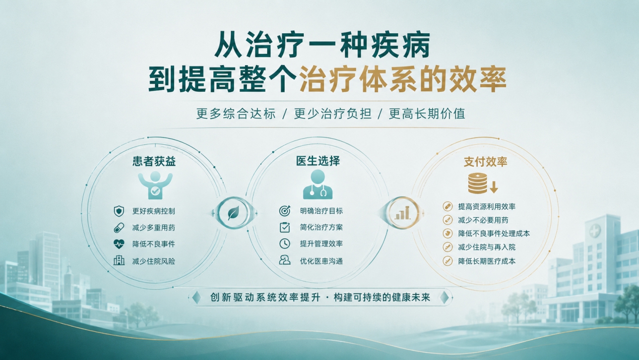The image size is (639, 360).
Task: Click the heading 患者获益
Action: coord(154,161)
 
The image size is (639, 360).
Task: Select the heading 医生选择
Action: coord(318,161)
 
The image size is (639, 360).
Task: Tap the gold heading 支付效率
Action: coord(485,162)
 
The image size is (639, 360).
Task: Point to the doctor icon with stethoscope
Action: coord(318,185)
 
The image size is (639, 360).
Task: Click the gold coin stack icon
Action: coord(478,184)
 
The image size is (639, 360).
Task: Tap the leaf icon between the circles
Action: coord(233,213)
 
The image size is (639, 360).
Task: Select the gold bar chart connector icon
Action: coord(402,213)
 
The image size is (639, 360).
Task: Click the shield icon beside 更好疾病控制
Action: coord(118,211)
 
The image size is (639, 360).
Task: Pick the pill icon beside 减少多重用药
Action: coord(118,228)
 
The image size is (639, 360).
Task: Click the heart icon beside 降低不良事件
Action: coord(118,244)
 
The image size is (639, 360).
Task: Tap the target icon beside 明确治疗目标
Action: coord(285,211)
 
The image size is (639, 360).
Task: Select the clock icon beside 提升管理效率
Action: coord(285,244)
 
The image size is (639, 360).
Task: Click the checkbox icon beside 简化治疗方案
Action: coord(285,227)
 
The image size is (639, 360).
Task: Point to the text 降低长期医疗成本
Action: coord(487,261)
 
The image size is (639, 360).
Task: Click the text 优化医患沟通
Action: coord(321,261)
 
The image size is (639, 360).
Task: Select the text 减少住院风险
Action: coord(154,261)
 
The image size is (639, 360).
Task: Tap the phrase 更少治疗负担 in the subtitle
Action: coord(333,113)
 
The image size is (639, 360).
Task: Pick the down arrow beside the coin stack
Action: coord(494,187)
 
